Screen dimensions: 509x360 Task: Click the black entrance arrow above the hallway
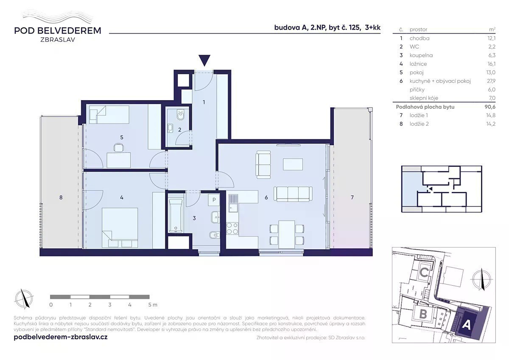204,60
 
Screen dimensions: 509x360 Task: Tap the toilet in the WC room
181,115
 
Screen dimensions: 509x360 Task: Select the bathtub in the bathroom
176,215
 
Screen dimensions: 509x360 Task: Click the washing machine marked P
214,200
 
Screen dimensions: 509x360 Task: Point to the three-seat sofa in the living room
293,194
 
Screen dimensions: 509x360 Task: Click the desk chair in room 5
118,147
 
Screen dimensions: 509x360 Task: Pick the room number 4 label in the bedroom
122,198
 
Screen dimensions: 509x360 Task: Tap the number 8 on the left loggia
61,197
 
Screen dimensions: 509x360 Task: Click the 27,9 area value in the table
491,81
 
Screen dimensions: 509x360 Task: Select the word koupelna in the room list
421,55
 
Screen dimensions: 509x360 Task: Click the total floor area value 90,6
490,107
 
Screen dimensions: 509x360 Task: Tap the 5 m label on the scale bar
153,305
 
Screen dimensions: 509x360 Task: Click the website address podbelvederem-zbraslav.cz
61,337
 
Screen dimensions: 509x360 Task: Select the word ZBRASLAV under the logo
58,39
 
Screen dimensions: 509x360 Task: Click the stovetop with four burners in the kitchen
232,228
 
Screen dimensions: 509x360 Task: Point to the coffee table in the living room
293,164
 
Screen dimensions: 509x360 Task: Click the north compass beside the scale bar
24,298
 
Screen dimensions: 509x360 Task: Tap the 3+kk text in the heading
372,28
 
